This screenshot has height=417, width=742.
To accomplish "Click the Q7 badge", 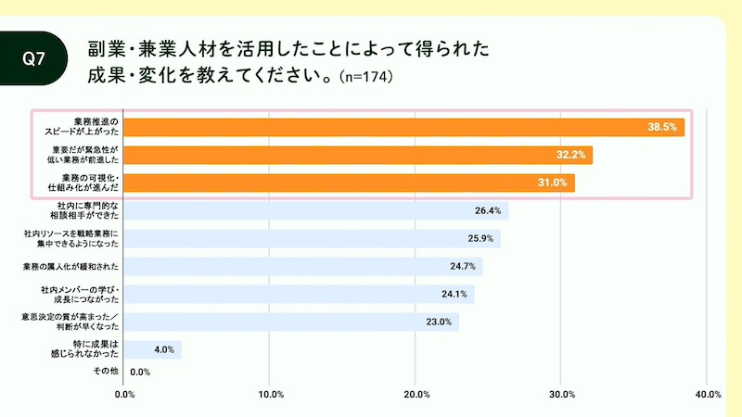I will (x=34, y=58).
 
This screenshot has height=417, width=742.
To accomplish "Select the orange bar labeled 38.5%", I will (x=403, y=127).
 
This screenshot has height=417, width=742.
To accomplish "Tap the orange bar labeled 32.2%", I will (x=357, y=155).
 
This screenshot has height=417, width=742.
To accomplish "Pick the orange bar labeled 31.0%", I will (x=349, y=183).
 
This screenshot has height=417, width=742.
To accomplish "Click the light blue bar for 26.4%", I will (x=315, y=210).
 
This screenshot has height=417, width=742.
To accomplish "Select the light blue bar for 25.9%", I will (x=312, y=238).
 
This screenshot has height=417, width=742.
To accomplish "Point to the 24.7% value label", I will (x=462, y=267).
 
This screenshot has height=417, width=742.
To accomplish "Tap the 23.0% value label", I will (x=438, y=322).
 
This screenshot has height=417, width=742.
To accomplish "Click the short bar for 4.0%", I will (x=152, y=349).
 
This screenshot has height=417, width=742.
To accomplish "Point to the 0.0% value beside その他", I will (x=140, y=373).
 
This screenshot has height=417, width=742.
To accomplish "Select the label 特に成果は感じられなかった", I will (x=88, y=349).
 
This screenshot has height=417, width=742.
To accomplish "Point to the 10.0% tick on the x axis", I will (x=270, y=396).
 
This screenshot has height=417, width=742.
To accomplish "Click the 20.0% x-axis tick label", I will (x=416, y=396).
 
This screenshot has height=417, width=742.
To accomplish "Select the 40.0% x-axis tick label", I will (x=708, y=396).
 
